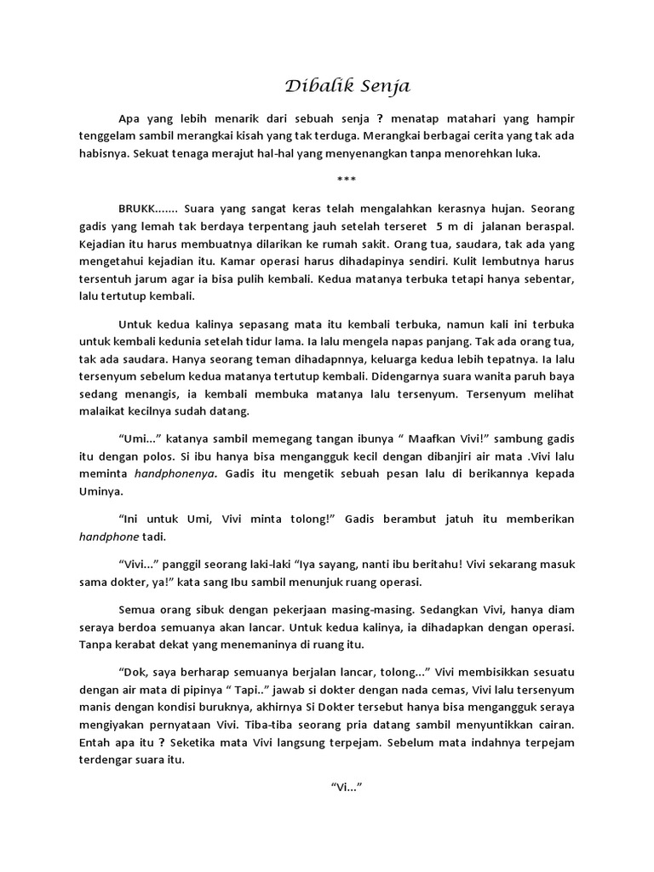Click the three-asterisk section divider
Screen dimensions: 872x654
point(346,179)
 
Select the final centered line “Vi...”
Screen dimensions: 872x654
point(346,789)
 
